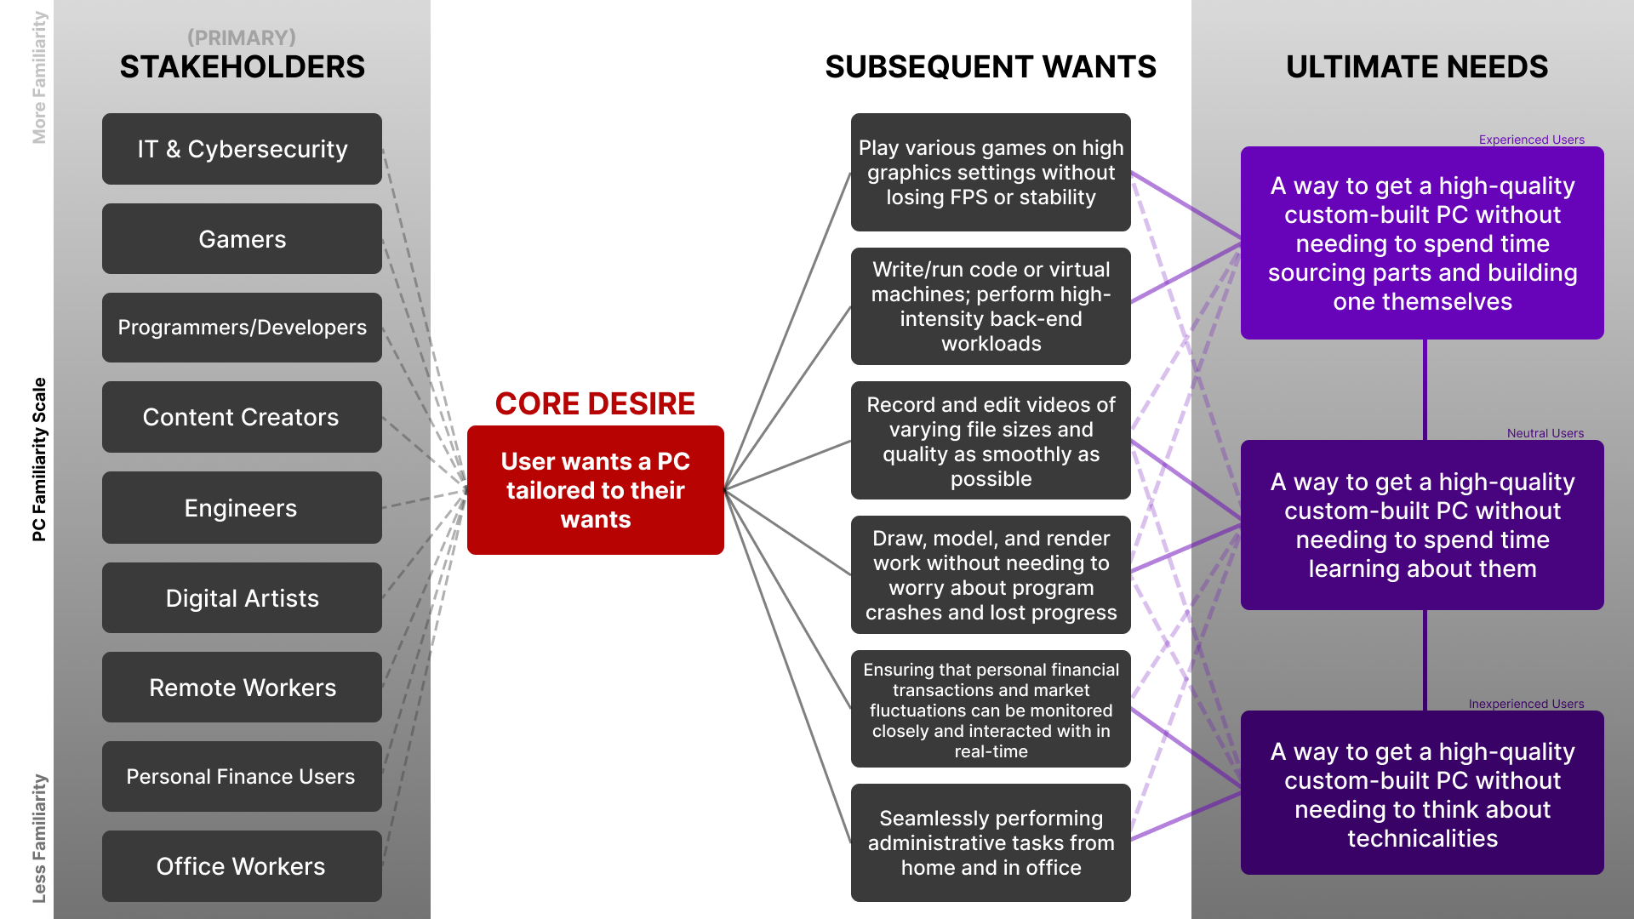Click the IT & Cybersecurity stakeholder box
click(242, 149)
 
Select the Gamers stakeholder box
click(242, 239)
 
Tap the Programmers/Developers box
click(242, 328)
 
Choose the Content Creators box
click(242, 417)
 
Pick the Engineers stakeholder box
click(242, 508)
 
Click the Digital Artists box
click(242, 598)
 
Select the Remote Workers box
click(242, 688)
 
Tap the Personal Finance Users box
click(242, 776)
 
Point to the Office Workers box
click(242, 866)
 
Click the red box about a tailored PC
click(595, 490)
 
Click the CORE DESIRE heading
click(595, 403)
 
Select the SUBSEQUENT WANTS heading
click(991, 66)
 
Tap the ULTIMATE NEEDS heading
click(1417, 66)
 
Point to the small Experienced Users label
click(1531, 140)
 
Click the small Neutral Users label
click(1545, 433)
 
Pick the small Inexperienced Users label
click(1526, 704)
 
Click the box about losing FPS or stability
click(991, 172)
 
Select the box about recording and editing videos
click(991, 441)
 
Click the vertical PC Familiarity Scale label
click(39, 459)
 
